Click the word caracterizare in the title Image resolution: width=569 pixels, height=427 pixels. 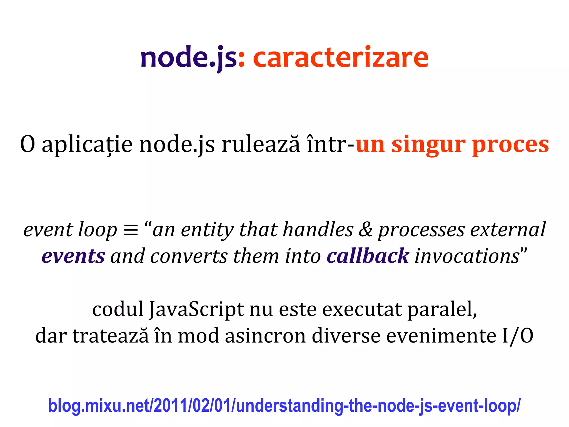point(341,58)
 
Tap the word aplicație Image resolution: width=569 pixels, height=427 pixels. point(87,145)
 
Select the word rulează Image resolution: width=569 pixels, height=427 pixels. point(261,145)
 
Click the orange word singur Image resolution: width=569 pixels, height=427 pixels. point(428,145)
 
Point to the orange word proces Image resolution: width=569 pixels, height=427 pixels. point(510,145)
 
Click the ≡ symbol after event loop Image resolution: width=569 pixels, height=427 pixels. point(131,230)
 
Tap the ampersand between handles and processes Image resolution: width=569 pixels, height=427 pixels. point(366,230)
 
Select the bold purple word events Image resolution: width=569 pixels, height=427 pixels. point(73,256)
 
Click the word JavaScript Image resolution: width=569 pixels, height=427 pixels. point(196,310)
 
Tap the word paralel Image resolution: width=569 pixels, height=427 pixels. point(442,310)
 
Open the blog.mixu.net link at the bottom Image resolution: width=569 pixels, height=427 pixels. point(284,406)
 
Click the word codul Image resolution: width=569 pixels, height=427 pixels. point(118,309)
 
